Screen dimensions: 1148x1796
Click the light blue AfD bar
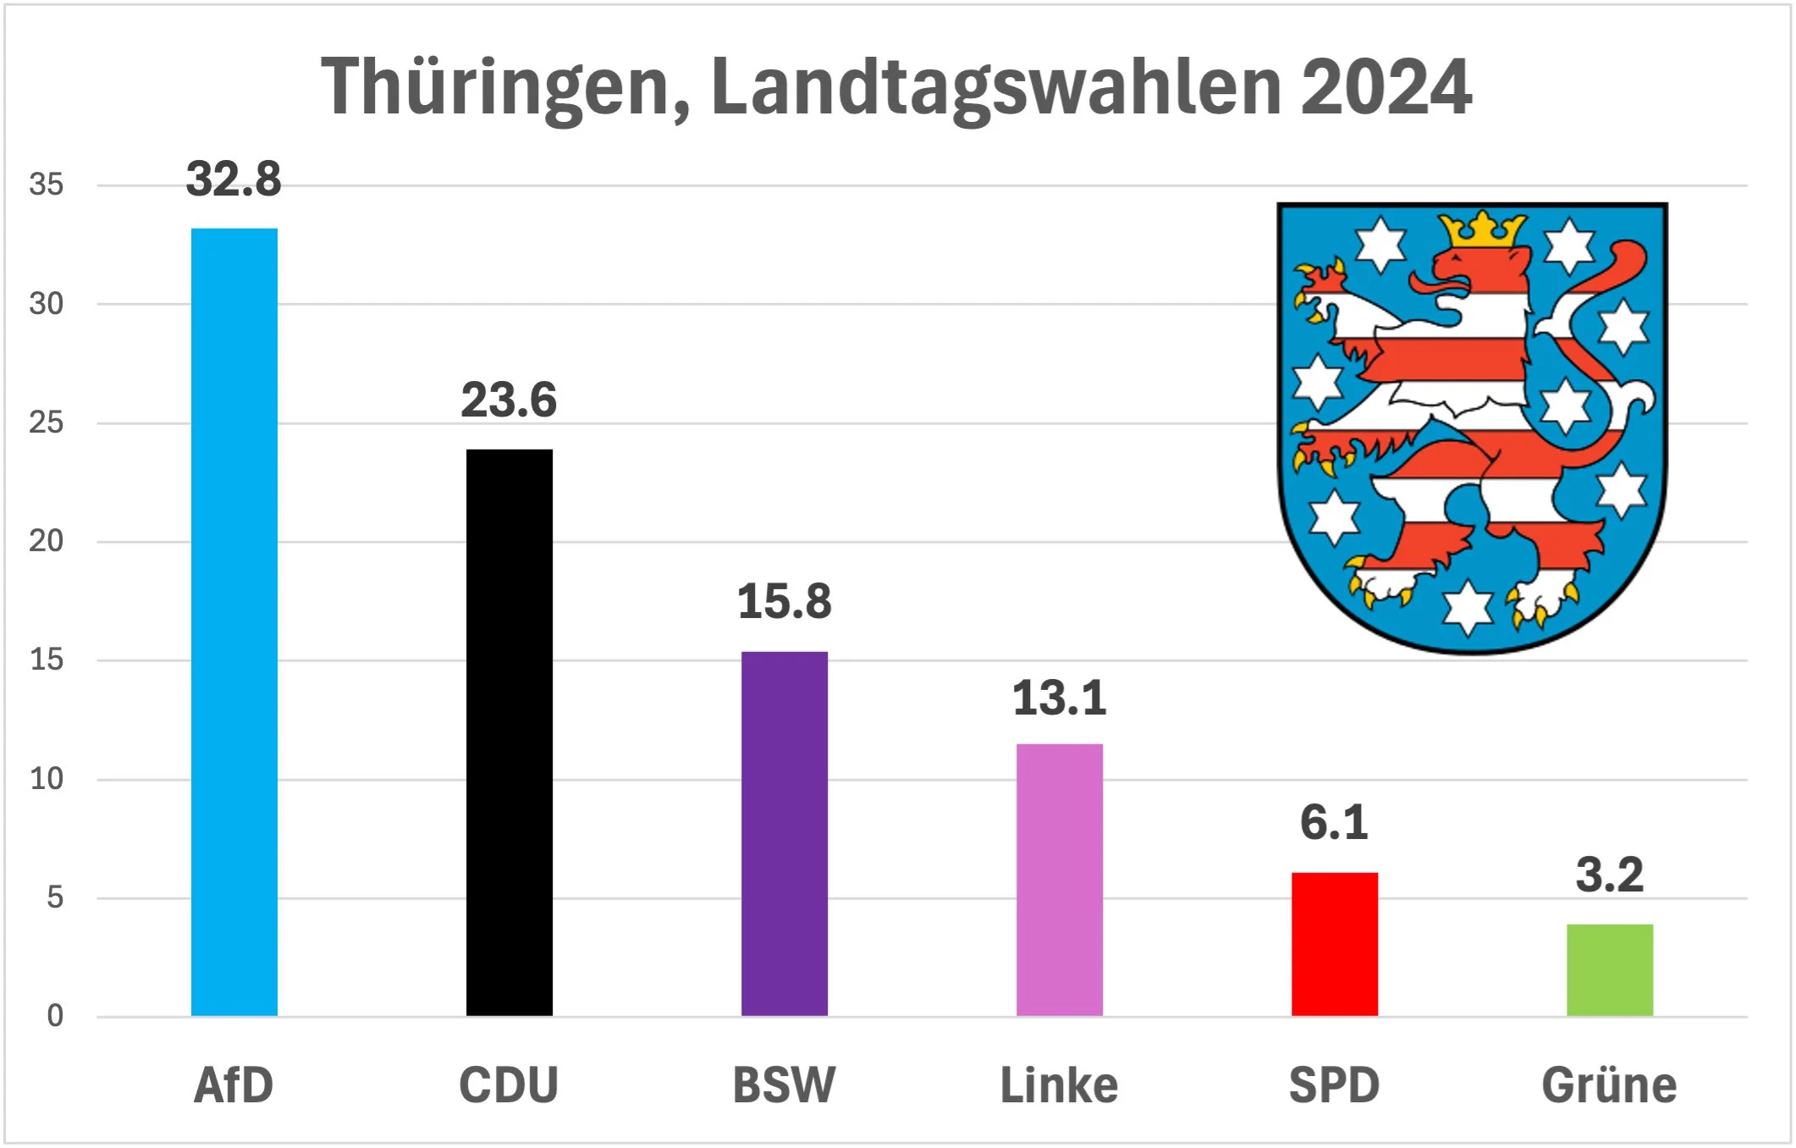234,621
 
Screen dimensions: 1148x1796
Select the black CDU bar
510,731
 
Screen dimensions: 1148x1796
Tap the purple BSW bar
785,833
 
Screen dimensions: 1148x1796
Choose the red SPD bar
1335,943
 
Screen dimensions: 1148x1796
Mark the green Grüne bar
1610,969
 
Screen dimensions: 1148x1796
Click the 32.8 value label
234,179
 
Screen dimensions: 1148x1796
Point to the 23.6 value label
509,400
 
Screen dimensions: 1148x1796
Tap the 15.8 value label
785,602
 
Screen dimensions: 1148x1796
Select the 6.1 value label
1334,823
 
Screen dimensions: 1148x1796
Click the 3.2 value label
1610,875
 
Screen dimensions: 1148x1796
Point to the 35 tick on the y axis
47,185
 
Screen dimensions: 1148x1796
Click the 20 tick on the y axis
47,541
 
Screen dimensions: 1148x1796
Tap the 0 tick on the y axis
55,1016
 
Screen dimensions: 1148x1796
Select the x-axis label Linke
1060,1085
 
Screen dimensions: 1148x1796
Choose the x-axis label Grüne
1609,1085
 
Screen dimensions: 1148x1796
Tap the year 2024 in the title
1386,88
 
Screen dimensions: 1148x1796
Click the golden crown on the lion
1482,229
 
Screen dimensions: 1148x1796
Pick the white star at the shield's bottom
1468,608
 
